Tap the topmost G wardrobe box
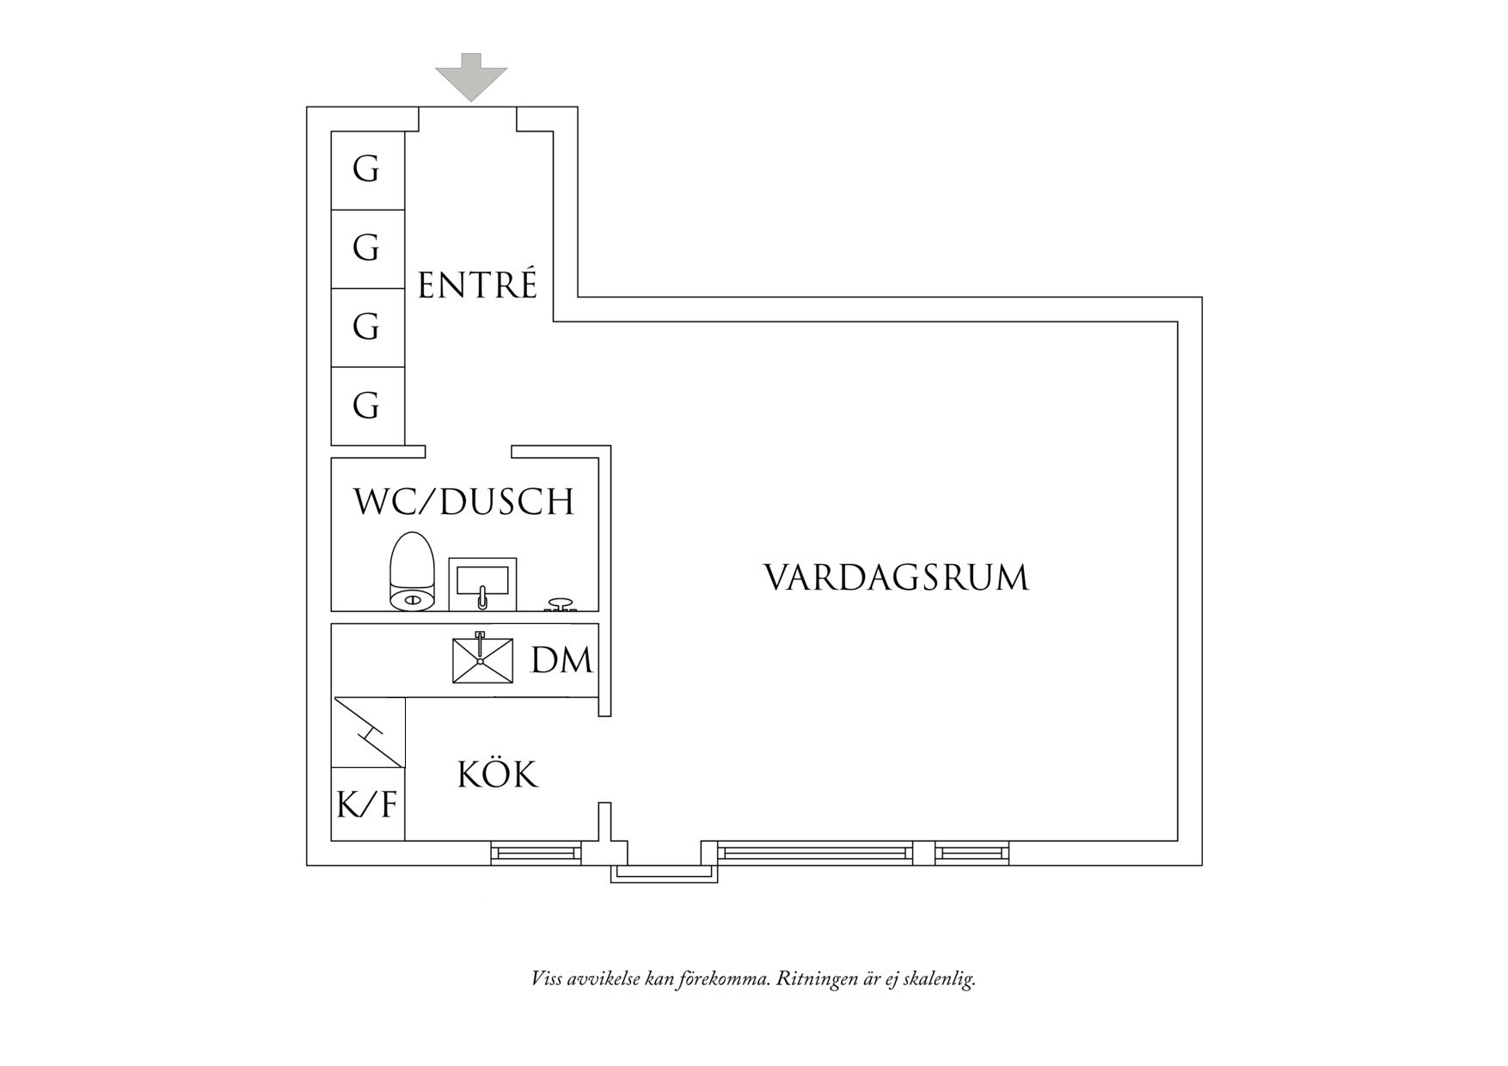coord(368,170)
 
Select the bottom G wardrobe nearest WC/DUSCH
coord(368,406)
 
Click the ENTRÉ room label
coord(477,285)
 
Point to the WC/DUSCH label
coord(464,502)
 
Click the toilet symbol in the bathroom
coord(412,572)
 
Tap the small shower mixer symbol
coord(561,605)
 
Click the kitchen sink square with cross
coord(482,660)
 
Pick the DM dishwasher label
coord(561,661)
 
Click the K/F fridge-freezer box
coord(367,805)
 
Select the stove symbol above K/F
coord(368,732)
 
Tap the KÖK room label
coord(497,775)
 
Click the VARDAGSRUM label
coord(896,578)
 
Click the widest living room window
coord(814,853)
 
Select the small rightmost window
coord(971,853)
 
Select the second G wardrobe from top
coord(368,248)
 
